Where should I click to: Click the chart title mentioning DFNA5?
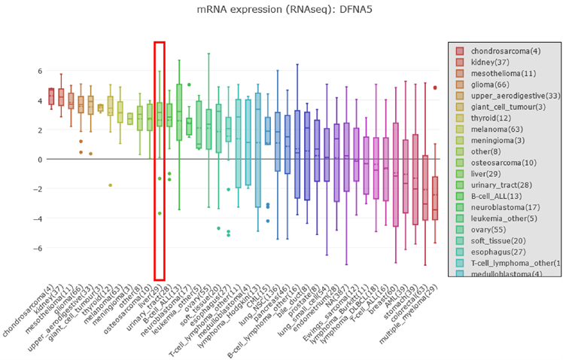pos(281,11)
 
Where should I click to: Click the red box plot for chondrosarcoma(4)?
pos(52,96)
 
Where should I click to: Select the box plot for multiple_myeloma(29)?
pos(435,197)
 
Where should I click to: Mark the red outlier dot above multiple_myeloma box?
pos(435,87)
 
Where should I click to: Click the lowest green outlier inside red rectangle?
pos(159,213)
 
